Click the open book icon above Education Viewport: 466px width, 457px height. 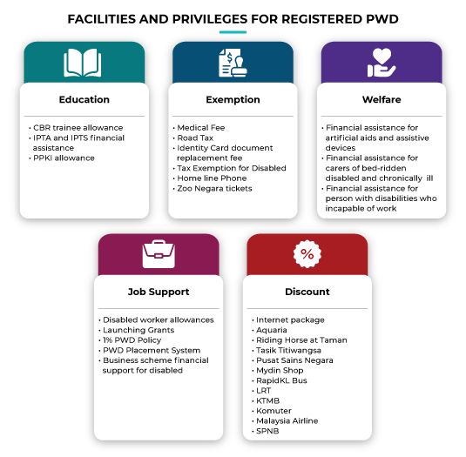[x=83, y=63]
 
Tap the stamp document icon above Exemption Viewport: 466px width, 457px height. [x=233, y=63]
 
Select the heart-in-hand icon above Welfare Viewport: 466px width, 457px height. [x=382, y=63]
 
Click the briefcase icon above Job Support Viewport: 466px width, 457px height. [x=159, y=254]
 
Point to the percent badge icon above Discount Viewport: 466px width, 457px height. [x=307, y=254]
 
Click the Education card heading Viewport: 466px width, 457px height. [x=84, y=99]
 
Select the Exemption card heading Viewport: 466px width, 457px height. [x=233, y=100]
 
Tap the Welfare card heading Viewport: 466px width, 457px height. [x=382, y=99]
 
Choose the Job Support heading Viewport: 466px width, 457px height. [x=159, y=292]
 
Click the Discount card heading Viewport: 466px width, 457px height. [x=307, y=292]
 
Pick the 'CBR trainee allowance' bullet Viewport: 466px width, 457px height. [x=78, y=128]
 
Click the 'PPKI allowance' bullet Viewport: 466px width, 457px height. [x=64, y=158]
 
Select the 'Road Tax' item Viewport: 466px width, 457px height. [x=195, y=138]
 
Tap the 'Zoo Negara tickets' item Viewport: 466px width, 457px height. [x=214, y=189]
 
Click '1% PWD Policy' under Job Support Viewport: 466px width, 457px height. [x=132, y=340]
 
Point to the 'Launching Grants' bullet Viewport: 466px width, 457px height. [x=138, y=330]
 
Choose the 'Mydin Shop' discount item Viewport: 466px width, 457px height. [x=280, y=371]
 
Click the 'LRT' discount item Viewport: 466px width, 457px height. [x=263, y=391]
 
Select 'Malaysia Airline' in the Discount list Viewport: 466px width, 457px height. [x=287, y=420]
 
